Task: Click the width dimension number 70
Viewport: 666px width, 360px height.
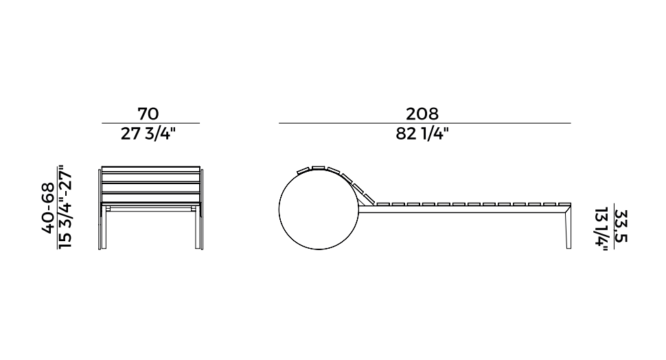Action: tap(148, 114)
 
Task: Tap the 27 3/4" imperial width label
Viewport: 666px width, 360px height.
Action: tap(148, 134)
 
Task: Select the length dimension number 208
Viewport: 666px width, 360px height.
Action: tap(422, 114)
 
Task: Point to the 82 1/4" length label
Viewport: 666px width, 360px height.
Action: tap(422, 134)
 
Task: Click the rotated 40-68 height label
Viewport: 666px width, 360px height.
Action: tap(48, 208)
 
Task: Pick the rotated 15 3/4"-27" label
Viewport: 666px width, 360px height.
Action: tap(65, 207)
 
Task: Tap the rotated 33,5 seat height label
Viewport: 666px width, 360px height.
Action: tap(621, 226)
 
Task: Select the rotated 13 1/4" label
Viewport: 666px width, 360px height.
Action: tap(601, 229)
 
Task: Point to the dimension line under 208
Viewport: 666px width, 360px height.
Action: tap(425, 123)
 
